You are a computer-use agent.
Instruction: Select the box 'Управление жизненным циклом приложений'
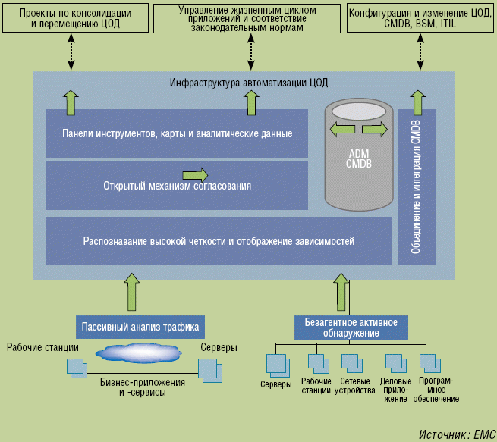point(248,18)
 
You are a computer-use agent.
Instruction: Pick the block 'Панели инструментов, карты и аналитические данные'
point(177,133)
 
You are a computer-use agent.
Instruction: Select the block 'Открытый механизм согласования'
point(177,185)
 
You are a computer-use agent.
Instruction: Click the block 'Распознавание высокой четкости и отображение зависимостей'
point(219,241)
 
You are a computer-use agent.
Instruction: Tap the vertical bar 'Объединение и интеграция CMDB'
point(417,187)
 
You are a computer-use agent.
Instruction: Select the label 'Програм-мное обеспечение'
point(436,389)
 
